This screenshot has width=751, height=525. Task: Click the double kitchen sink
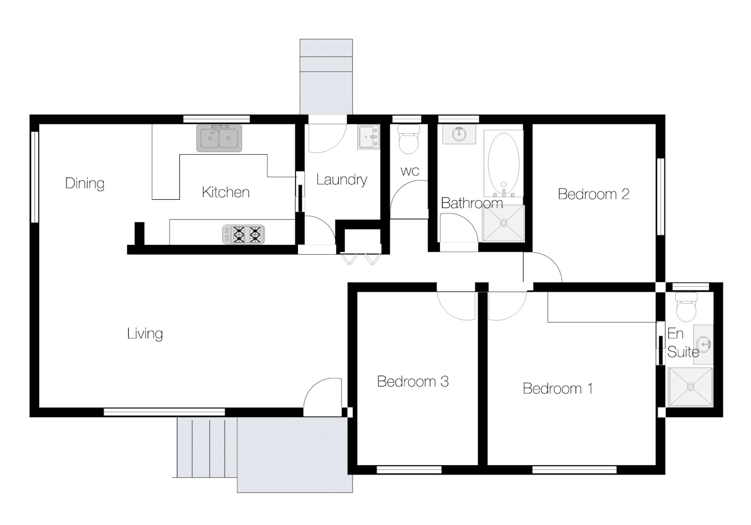219,138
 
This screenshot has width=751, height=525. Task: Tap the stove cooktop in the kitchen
244,234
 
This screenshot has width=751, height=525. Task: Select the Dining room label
85,183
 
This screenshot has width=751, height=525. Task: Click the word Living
145,333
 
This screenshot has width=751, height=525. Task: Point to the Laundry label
341,179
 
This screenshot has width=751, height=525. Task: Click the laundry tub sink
368,137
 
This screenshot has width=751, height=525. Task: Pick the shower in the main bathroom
504,223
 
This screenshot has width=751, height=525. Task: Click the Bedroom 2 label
594,194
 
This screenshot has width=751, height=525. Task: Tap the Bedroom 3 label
413,381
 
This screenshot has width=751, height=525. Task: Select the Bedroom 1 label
558,388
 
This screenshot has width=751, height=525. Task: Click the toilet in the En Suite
686,307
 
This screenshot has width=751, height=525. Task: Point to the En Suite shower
690,386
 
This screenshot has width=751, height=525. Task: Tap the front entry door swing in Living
321,396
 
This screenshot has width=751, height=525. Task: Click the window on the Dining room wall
35,177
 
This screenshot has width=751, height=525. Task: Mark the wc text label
410,171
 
